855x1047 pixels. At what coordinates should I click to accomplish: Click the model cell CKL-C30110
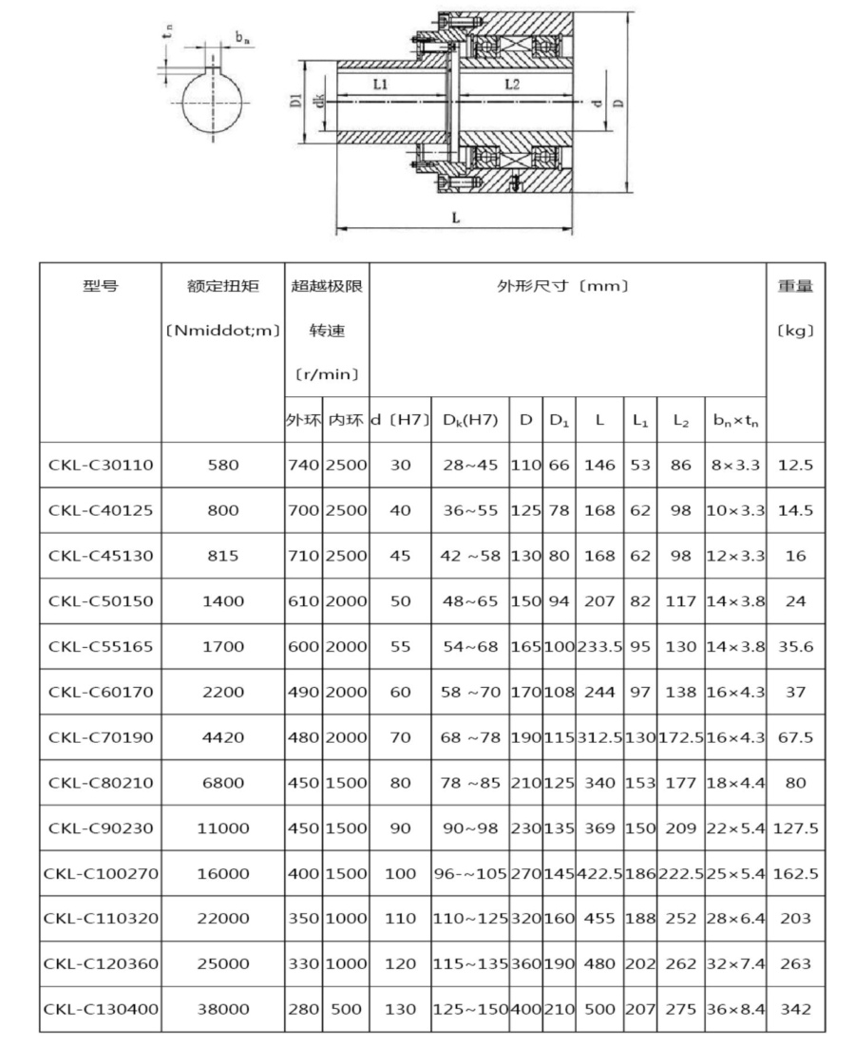tap(100, 465)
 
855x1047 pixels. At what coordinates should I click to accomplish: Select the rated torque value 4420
tap(223, 737)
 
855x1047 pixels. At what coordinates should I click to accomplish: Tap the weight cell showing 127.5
tap(796, 828)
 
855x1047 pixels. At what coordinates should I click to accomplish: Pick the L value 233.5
tap(599, 646)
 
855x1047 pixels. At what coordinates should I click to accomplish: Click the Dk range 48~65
tap(469, 600)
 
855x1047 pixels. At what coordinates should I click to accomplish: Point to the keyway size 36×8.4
tap(735, 1009)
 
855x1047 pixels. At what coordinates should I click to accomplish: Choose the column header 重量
tap(796, 285)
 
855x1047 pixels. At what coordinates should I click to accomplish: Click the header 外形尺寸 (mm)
tap(567, 285)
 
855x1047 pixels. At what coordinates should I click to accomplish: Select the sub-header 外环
tap(303, 419)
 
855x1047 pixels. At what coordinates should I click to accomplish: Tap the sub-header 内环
tap(346, 419)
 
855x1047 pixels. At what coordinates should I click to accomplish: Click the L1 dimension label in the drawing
tap(379, 85)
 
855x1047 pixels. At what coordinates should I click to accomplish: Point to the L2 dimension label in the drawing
tap(511, 85)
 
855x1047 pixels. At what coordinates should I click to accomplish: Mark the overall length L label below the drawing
tap(456, 218)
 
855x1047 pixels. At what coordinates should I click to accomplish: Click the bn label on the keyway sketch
tap(243, 39)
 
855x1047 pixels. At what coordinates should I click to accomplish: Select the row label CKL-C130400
tap(100, 1009)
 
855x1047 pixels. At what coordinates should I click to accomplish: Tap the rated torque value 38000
tap(223, 1009)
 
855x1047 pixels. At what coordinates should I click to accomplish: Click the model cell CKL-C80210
tap(100, 782)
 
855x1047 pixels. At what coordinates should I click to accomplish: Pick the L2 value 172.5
tap(681, 737)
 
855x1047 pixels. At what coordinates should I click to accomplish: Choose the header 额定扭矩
tap(223, 285)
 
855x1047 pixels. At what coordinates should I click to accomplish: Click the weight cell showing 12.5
tap(796, 465)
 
